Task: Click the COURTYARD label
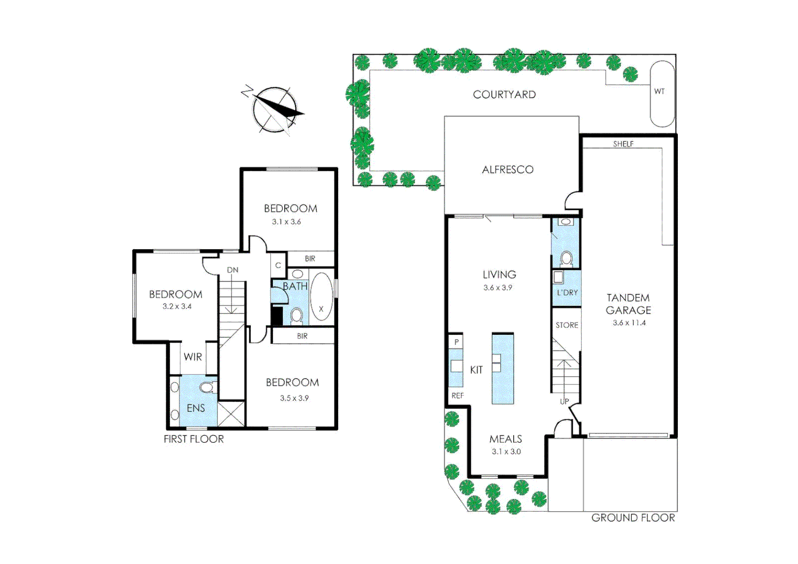pos(504,95)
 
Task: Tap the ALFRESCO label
pos(507,170)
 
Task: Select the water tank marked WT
pos(662,93)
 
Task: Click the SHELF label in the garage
pos(623,144)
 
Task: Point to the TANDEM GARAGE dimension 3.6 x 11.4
pos(629,323)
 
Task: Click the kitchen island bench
pos(502,369)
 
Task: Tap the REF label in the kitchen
pos(457,395)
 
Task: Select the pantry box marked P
pos(456,342)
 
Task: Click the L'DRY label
pos(567,292)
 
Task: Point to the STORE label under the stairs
pos(566,325)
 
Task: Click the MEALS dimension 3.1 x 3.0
pos(506,452)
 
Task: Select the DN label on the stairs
pos(233,270)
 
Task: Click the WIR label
pos(192,357)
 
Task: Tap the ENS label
pos(196,408)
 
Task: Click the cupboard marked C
pos(278,265)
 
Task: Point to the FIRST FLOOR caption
pos(193,439)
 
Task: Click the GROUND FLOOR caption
pos(632,518)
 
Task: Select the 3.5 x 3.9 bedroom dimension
pos(294,398)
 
